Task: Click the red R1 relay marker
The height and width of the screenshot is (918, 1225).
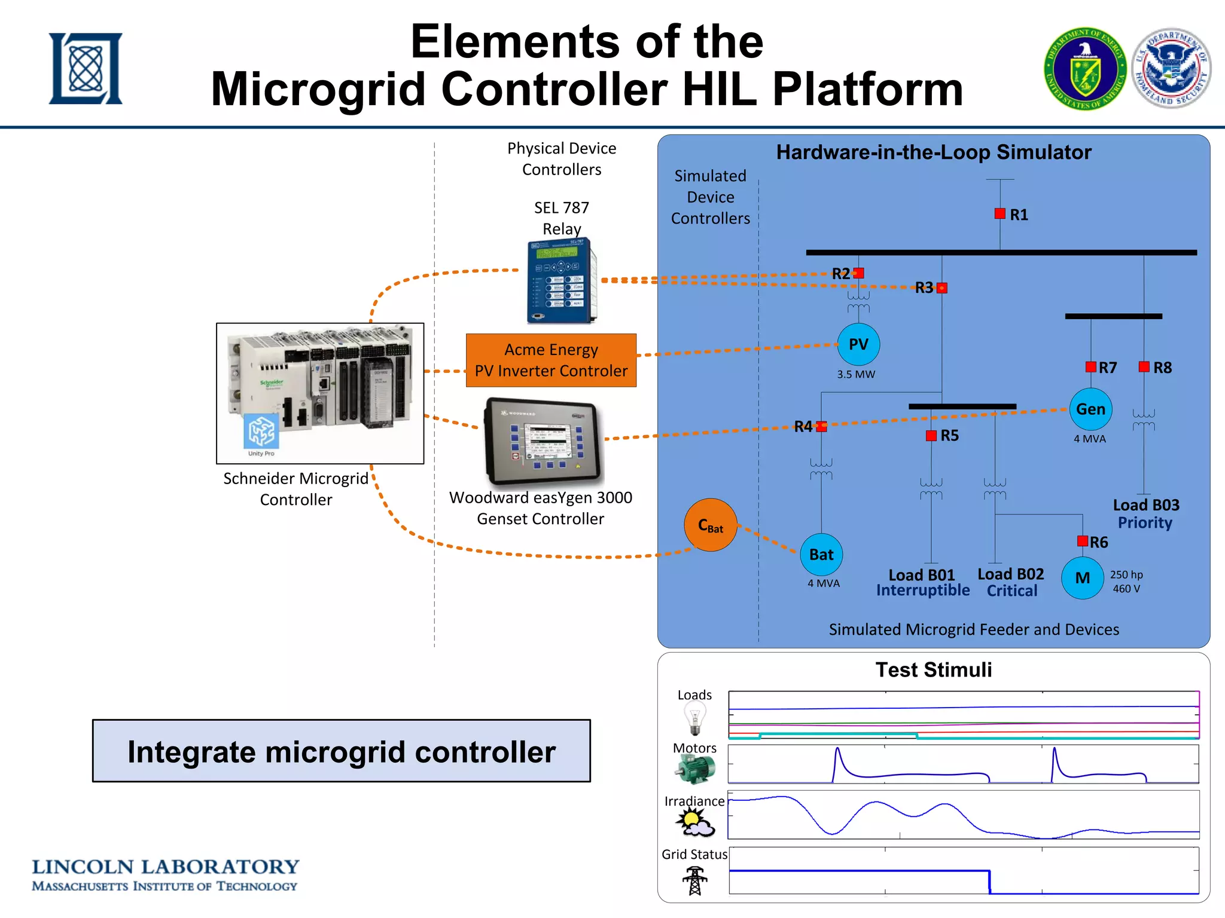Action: (x=999, y=214)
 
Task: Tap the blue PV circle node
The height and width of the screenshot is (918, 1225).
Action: (x=858, y=344)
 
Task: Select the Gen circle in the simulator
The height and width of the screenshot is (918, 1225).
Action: (x=1090, y=409)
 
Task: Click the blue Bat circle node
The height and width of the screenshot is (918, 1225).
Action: (x=821, y=555)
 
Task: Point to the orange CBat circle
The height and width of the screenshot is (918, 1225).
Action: (x=710, y=525)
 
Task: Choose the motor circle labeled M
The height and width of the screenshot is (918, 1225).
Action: (x=1082, y=578)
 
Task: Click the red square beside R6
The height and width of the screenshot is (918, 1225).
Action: (x=1082, y=541)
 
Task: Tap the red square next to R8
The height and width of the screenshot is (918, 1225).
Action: (x=1144, y=367)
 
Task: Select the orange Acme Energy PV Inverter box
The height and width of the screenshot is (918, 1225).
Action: (x=551, y=360)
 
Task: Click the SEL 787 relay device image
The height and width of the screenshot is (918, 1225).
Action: (x=562, y=281)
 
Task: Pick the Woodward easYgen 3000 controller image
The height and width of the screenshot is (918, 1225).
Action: (x=543, y=441)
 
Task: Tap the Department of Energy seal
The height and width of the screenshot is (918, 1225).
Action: (x=1085, y=69)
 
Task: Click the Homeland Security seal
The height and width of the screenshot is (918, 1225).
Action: (x=1171, y=68)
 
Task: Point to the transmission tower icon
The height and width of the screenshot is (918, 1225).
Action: (x=694, y=880)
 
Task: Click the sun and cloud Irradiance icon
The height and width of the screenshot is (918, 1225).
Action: (x=694, y=823)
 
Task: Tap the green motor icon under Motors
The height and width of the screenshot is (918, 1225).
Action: (x=695, y=770)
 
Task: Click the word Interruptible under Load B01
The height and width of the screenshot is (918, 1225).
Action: (x=922, y=590)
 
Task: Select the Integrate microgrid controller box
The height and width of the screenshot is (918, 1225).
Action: (x=341, y=751)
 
